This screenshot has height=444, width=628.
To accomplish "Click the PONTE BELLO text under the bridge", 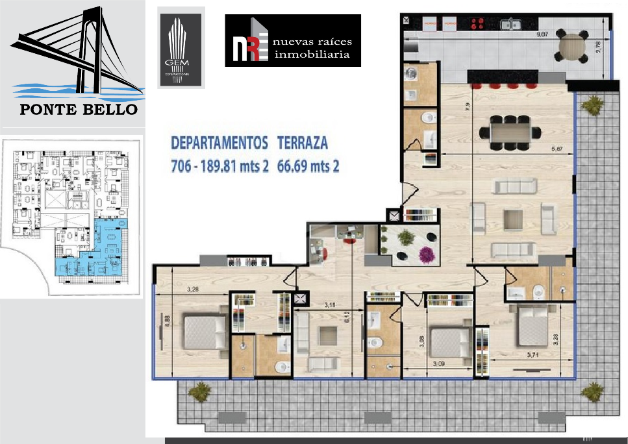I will (x=79, y=108).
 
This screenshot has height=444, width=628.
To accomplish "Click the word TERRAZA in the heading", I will (x=303, y=142).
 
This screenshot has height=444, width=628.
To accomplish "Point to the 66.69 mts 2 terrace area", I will (x=308, y=166).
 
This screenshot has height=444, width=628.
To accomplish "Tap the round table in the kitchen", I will (x=571, y=47).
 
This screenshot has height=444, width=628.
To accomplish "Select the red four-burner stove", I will (x=478, y=24).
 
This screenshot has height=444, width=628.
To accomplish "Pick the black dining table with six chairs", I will (x=510, y=132).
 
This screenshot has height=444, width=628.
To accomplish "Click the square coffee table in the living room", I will (x=513, y=219).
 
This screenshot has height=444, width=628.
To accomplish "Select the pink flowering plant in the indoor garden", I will (x=427, y=254).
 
